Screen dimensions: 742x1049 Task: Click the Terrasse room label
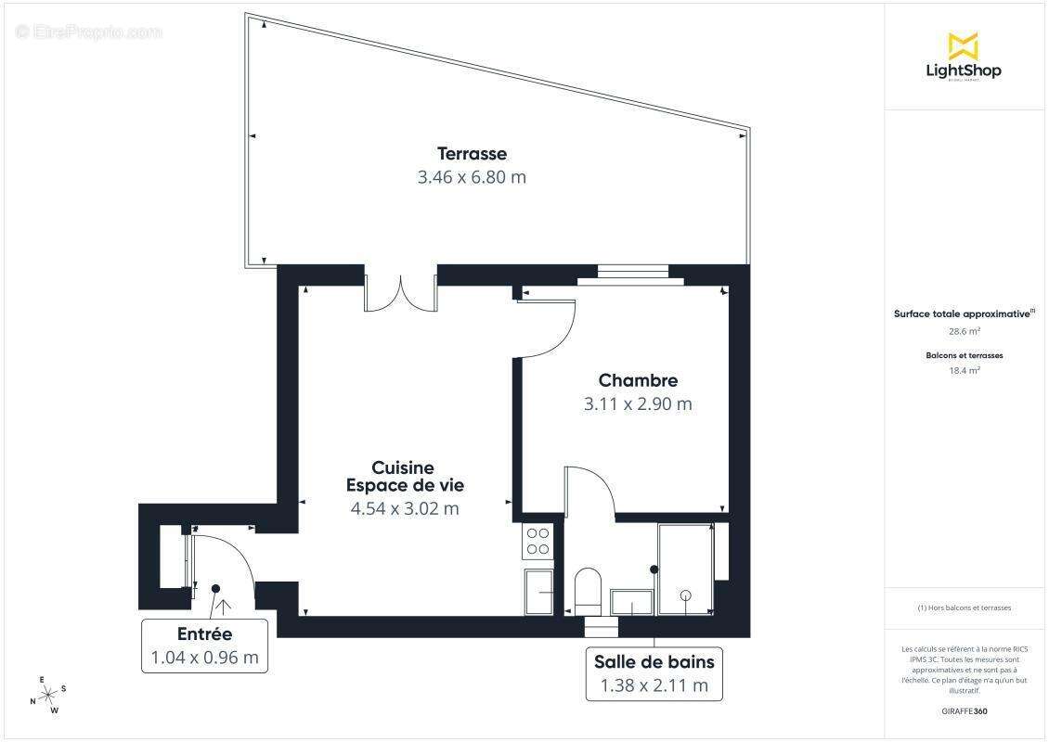473,153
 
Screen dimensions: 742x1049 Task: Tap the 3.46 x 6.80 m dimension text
472,176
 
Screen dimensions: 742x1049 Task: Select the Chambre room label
638,380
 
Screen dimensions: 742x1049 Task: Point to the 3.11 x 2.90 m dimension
638,403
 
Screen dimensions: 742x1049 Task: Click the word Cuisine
403,467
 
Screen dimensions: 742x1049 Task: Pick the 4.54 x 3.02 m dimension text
405,508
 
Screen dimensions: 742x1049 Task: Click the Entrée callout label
204,634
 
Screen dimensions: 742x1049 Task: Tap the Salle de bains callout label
654,662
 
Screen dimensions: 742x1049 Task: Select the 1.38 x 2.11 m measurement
654,685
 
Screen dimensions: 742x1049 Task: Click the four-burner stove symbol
537,541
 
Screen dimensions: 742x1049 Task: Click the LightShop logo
964,57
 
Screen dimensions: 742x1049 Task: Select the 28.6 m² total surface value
964,330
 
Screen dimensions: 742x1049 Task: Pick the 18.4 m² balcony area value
964,370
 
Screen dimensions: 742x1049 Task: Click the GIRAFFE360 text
964,711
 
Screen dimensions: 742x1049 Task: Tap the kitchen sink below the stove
538,591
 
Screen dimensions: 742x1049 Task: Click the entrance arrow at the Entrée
223,608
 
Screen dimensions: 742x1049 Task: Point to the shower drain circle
686,594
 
